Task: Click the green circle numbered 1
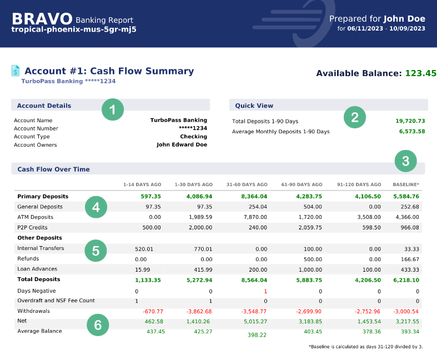[x=113, y=109]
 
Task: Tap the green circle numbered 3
[x=406, y=161]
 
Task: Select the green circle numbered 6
[x=98, y=325]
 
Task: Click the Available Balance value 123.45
[x=420, y=73]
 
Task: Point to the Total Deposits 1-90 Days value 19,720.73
[x=410, y=121]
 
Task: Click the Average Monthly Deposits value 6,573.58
[x=411, y=132]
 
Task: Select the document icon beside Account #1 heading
[x=16, y=71]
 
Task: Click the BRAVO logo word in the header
[x=42, y=18]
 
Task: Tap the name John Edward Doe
[x=182, y=145]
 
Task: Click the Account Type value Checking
[x=193, y=137]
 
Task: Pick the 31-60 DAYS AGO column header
[x=247, y=184]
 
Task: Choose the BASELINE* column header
[x=406, y=184]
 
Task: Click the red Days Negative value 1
[x=265, y=291]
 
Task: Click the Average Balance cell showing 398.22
[x=257, y=335]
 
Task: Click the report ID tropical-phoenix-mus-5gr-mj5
[x=74, y=29]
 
